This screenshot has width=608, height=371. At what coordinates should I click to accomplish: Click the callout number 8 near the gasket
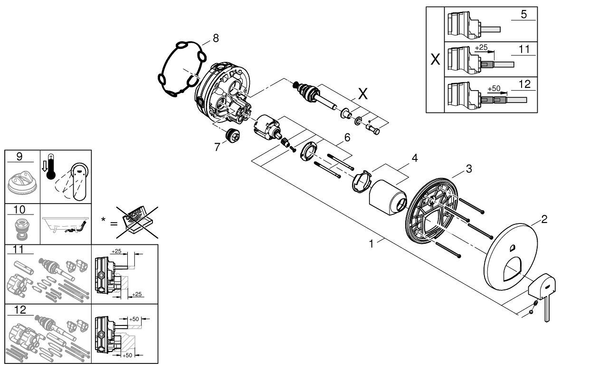pos(216,38)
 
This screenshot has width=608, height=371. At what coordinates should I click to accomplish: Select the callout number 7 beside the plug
pos(217,147)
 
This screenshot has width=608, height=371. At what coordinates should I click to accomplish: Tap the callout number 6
pos(347,138)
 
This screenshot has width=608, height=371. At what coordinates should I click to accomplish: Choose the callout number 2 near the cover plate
pos(544,219)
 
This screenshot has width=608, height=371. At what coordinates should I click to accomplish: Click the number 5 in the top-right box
pos(523,14)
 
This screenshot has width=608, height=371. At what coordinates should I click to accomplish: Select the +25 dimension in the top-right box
pos(481,48)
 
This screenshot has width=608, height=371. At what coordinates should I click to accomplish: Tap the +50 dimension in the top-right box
pos(494,89)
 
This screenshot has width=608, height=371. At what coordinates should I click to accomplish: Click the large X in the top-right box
pos(435,60)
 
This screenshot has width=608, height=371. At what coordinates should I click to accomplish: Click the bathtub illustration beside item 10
pos(66,224)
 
